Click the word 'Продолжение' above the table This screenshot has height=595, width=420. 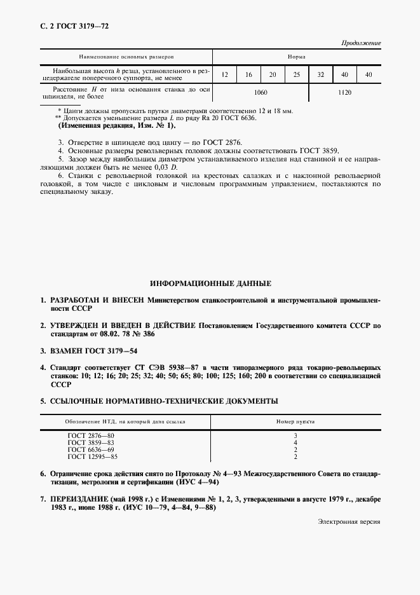360,43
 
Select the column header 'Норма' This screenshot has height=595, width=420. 297,57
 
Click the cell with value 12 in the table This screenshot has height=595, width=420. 225,75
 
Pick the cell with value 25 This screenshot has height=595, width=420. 297,75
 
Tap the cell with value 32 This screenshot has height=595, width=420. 321,75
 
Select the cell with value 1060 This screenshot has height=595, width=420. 261,93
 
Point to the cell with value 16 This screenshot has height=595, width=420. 248,75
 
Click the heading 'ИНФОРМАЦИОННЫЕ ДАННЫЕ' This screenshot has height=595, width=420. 210,283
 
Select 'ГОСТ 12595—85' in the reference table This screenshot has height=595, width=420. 93,456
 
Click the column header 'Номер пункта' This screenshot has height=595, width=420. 297,421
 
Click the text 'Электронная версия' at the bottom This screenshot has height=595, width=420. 349,521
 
